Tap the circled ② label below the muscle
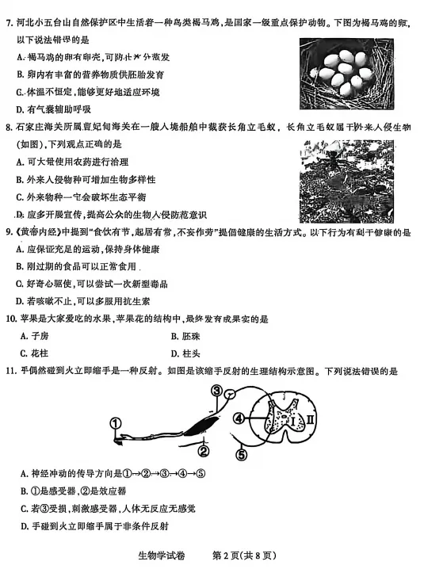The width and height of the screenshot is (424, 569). pos(203,451)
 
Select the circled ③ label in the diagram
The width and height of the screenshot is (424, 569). pos(216,390)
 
